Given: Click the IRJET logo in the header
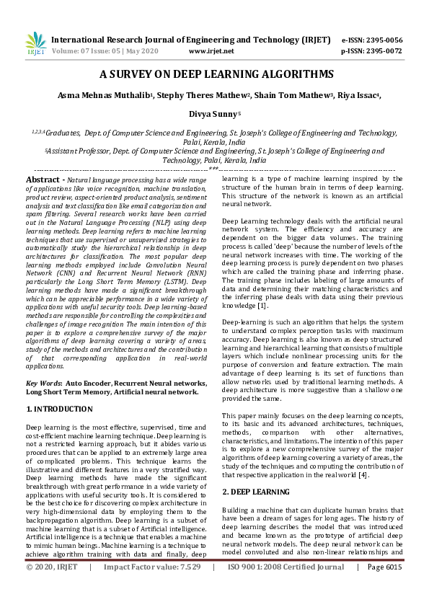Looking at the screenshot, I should pos(35,45).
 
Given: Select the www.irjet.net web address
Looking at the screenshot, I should pos(211,51).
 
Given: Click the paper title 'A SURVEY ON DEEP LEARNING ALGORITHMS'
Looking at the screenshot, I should pos(216,74).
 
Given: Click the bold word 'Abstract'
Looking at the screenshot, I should pos(41,179).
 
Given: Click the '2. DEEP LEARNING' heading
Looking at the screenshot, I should pos(257,471).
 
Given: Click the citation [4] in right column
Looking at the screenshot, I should pos(366,454).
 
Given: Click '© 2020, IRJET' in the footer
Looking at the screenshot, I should pos(51,588).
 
